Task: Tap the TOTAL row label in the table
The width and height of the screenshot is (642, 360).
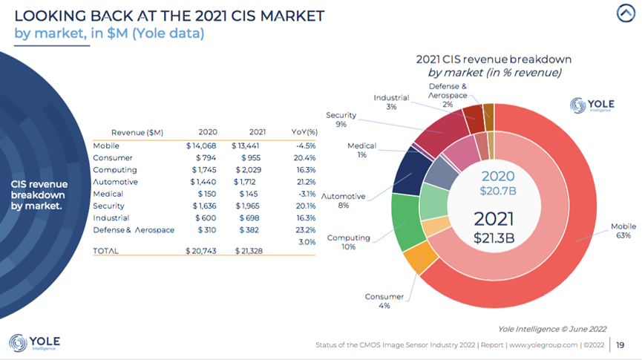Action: (x=105, y=252)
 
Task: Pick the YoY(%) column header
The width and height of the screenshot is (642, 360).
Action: (x=303, y=132)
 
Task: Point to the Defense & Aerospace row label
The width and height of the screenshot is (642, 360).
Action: (x=134, y=230)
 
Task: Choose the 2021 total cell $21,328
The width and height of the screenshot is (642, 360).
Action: (x=250, y=252)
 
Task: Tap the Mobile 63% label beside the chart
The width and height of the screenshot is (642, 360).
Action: (x=621, y=231)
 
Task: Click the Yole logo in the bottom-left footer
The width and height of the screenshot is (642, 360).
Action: (x=35, y=343)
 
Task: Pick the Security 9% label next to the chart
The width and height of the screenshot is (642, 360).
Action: (x=341, y=120)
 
